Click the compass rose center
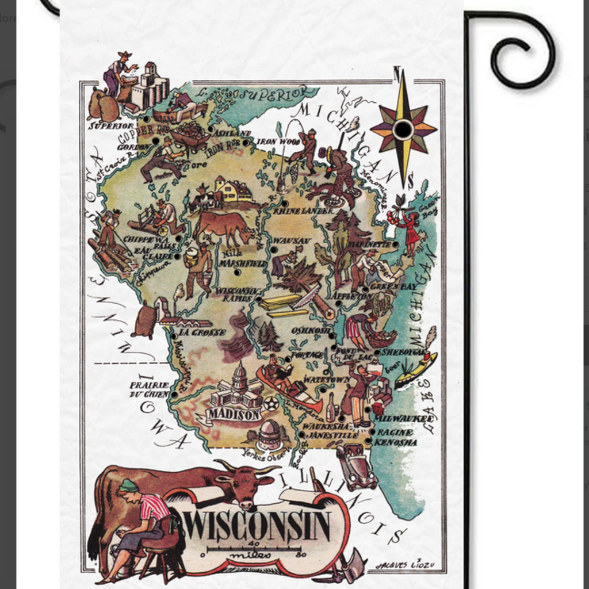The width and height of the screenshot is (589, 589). click(x=403, y=130)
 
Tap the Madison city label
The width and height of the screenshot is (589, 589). click(x=234, y=414)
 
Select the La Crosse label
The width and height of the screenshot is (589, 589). click(x=202, y=332)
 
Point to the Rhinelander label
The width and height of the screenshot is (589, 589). click(x=303, y=211)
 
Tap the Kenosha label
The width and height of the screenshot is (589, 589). click(x=396, y=442)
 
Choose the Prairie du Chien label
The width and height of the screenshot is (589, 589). click(x=149, y=389)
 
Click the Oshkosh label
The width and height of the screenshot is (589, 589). click(x=311, y=331)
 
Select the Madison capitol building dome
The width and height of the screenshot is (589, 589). click(x=239, y=374)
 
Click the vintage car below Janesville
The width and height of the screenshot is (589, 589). click(x=357, y=466)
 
